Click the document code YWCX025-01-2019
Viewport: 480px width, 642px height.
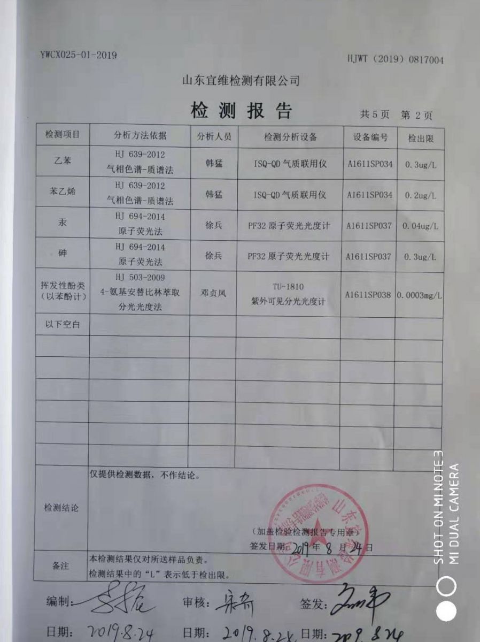tap(78, 55)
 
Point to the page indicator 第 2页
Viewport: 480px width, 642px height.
tap(416, 115)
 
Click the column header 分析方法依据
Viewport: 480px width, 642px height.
tap(140, 136)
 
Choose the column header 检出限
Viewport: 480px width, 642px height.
tap(420, 138)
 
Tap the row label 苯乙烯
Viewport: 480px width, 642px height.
tap(63, 194)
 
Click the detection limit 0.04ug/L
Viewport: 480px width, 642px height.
tap(421, 226)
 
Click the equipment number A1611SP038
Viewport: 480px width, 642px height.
tap(368, 295)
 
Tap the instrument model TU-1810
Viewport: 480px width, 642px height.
tap(288, 287)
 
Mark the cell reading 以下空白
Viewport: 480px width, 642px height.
tap(63, 324)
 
